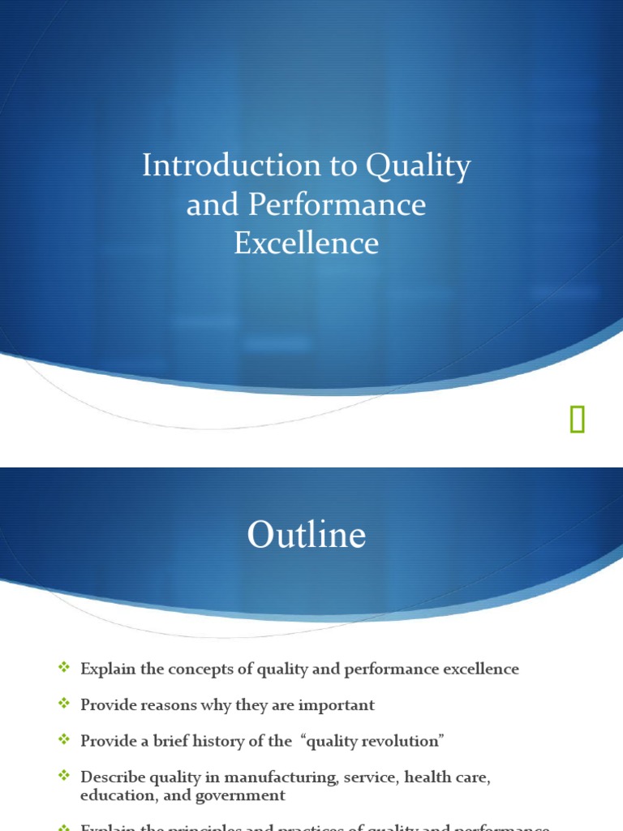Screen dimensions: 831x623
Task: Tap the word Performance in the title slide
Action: pos(337,205)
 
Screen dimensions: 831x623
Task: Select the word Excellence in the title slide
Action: pos(307,243)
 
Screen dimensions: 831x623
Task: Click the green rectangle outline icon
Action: pos(577,420)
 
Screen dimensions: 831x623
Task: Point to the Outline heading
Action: pos(307,536)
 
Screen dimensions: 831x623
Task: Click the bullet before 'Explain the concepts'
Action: pos(65,668)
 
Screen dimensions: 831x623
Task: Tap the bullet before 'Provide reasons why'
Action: pos(65,704)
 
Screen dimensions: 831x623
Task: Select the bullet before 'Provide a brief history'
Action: pos(65,740)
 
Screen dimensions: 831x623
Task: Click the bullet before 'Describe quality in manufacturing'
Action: pos(65,777)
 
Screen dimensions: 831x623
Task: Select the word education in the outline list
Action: pos(114,795)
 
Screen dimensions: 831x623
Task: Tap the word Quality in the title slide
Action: pos(419,166)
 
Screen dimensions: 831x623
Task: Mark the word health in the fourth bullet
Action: pos(427,777)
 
